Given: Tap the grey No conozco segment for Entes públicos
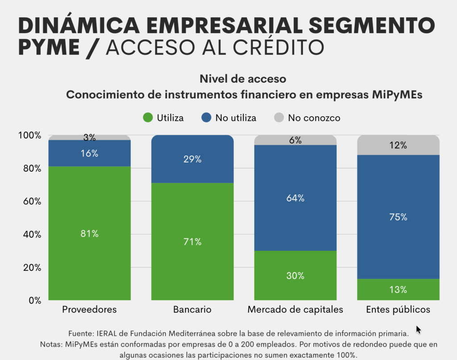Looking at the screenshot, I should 398,145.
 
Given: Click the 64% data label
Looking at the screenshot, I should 295,198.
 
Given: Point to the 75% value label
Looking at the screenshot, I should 398,217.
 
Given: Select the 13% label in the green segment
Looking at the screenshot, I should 398,290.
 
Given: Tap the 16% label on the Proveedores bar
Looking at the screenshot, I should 89,153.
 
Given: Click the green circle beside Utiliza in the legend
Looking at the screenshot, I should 148,118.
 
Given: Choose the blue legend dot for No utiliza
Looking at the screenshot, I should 206,118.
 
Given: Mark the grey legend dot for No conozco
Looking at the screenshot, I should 278,118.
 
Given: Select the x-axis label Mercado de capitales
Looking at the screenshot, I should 295,310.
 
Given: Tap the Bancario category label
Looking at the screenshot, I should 192,310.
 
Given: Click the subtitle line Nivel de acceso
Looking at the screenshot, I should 243,79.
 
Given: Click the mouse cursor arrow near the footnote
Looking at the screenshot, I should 418,330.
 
